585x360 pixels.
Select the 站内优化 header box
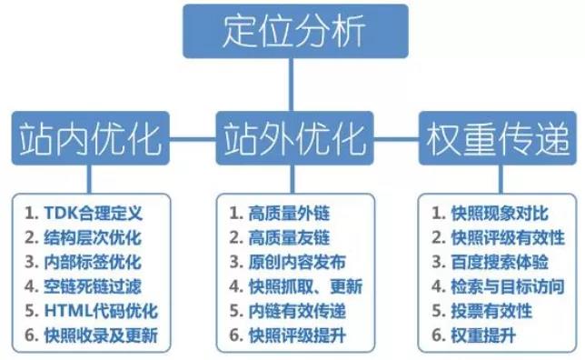coord(89,138)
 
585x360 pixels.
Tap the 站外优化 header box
coord(292,138)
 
